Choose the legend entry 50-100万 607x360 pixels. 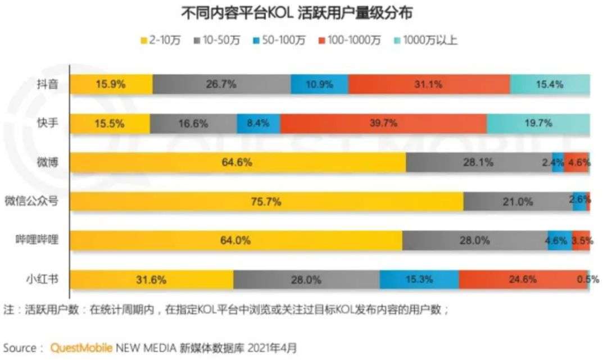coord(282,40)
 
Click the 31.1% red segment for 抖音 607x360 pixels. coord(429,84)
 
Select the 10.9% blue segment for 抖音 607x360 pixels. coord(319,84)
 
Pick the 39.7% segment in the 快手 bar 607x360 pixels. coord(383,123)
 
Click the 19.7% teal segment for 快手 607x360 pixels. coord(538,123)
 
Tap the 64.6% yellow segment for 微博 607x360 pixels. coord(237,162)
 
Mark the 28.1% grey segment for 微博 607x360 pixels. coord(478,162)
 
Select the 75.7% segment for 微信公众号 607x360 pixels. coord(266,201)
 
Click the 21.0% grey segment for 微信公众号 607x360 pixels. coord(518,201)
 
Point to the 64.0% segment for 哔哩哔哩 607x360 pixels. coord(235,240)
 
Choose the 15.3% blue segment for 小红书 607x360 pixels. coord(419,279)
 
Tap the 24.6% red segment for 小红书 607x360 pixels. coord(523,279)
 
